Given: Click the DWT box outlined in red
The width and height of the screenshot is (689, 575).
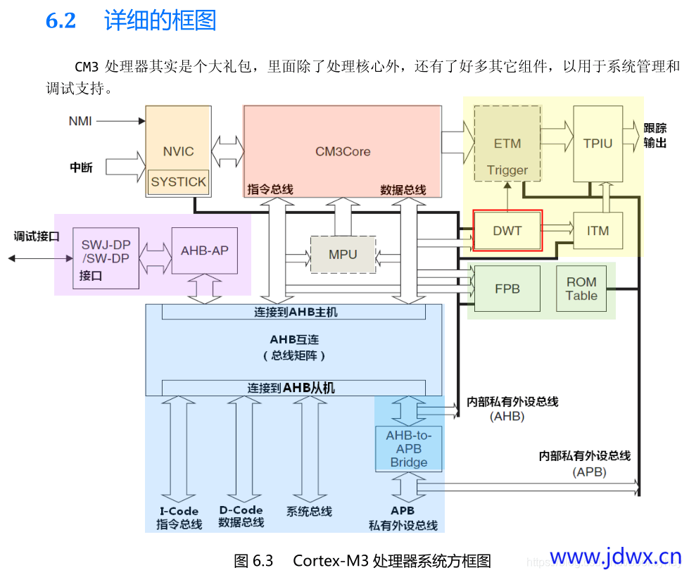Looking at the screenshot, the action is point(507,231).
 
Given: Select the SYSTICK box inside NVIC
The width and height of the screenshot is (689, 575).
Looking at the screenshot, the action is point(178,182).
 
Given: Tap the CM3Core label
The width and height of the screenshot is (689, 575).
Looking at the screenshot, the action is point(343,151).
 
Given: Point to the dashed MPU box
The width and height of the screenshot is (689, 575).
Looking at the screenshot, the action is point(343,255).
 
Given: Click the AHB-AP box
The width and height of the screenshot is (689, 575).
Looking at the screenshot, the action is point(205,251).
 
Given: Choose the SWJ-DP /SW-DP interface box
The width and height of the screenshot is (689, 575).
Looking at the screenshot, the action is point(106,258).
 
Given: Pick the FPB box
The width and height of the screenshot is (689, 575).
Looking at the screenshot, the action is point(507,289).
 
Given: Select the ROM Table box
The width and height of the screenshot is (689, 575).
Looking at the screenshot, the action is point(581,289).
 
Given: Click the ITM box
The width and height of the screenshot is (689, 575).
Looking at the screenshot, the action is point(598,231).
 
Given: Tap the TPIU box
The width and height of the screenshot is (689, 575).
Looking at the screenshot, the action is point(598,144).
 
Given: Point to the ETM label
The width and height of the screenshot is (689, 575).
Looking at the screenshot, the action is point(507,144).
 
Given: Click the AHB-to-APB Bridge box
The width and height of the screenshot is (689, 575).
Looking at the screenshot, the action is point(409,449).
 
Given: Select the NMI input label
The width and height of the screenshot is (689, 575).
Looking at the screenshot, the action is point(80,121).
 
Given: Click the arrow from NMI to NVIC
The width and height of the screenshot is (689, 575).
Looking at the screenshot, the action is point(121,121).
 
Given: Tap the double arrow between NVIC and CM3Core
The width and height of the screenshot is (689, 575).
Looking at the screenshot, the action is point(227,151).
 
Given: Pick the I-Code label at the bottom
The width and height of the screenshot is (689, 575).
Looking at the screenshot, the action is point(179,511).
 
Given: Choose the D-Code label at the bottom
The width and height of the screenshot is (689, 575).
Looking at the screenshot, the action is point(241,510).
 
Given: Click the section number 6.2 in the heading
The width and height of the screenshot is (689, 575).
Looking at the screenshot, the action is point(61,20).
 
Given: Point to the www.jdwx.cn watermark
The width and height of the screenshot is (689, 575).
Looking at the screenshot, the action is point(616,557).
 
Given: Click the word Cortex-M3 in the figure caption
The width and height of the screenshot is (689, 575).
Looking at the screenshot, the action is point(331,561).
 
